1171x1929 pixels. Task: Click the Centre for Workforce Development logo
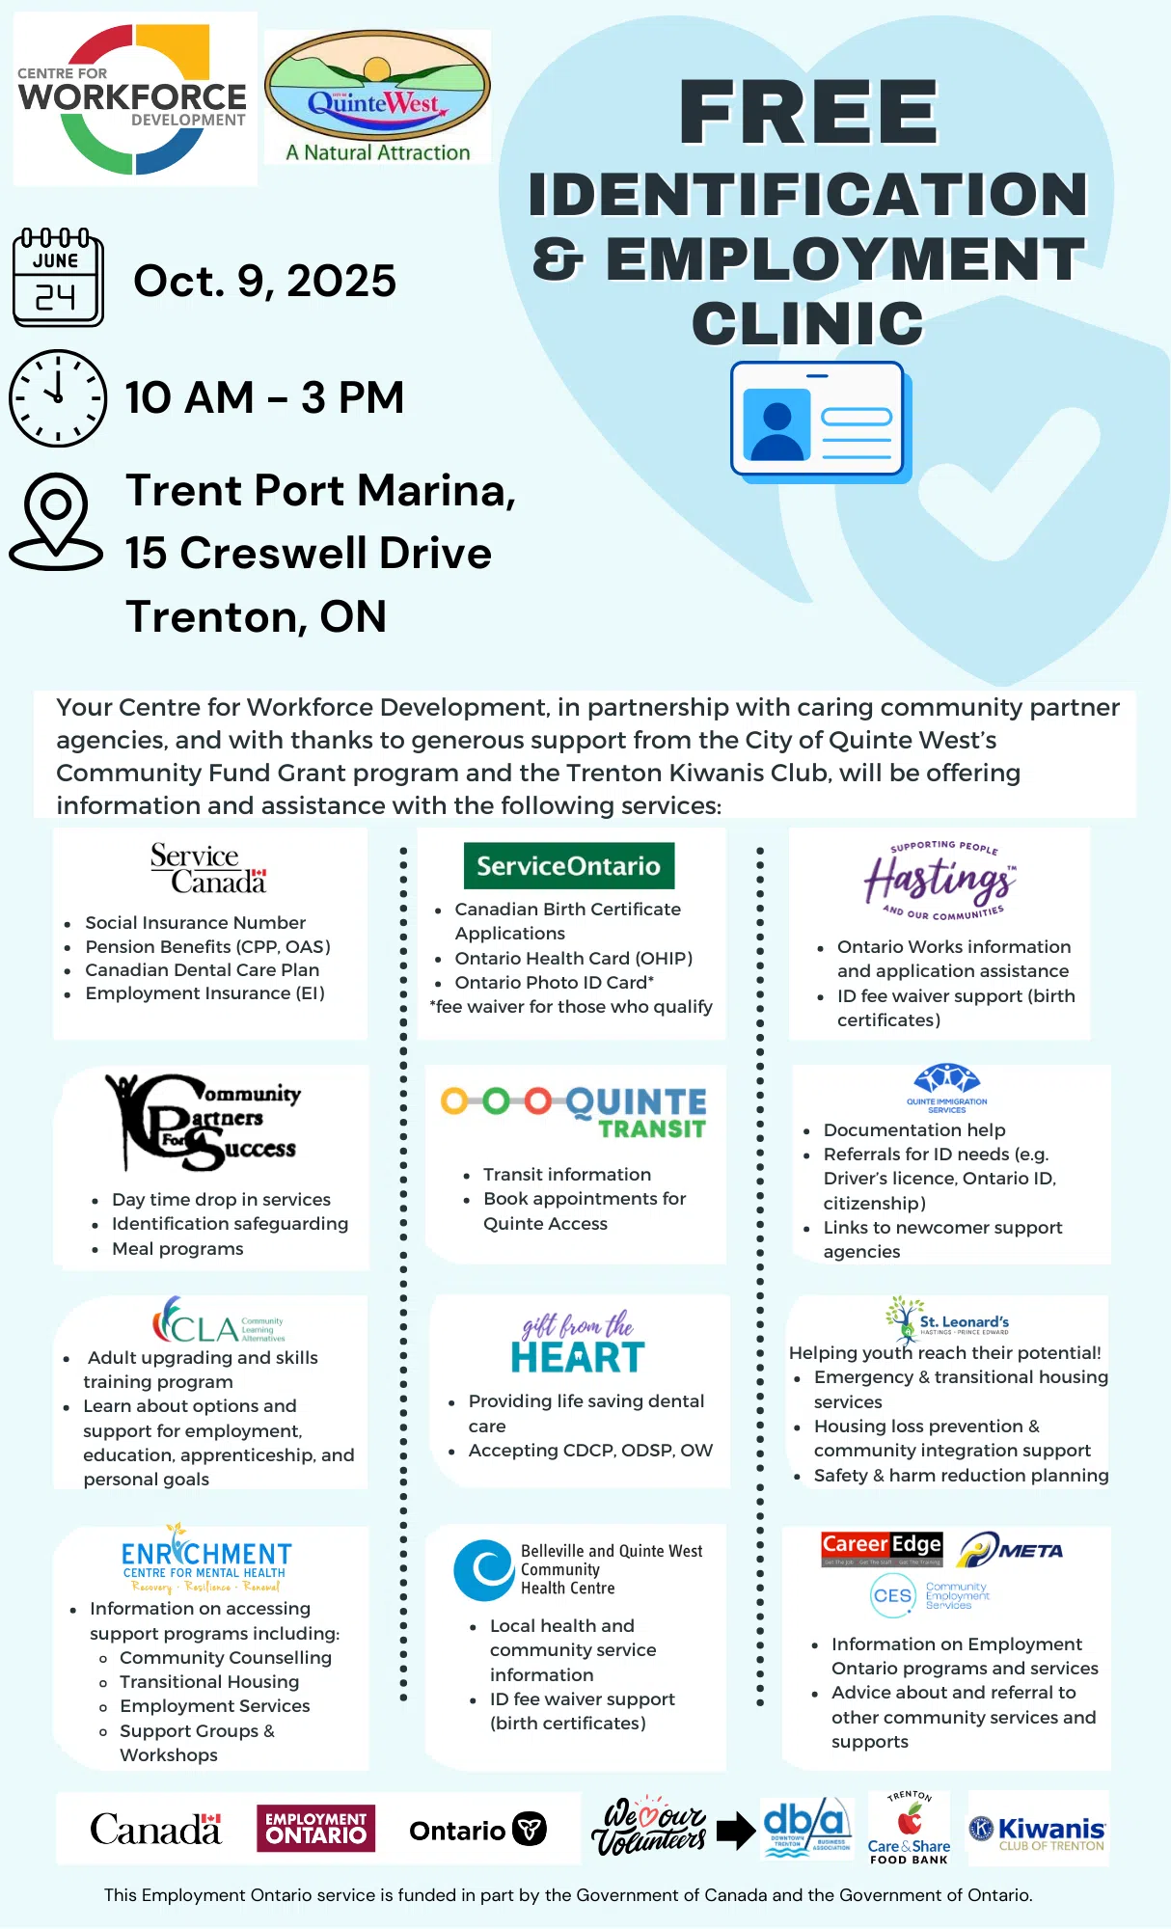[x=134, y=98]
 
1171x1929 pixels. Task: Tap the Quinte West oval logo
[x=377, y=97]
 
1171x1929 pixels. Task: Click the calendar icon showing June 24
[x=58, y=278]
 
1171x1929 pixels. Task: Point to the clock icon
[x=58, y=397]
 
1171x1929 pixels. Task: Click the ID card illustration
[x=819, y=421]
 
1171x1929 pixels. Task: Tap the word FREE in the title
[x=808, y=113]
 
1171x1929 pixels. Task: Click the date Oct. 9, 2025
[x=264, y=281]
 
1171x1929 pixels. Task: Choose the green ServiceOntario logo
[x=568, y=866]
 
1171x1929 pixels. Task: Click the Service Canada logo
[x=207, y=868]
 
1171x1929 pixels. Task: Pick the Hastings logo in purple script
[x=940, y=880]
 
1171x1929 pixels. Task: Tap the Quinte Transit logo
[x=574, y=1113]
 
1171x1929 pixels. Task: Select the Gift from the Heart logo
[x=578, y=1342]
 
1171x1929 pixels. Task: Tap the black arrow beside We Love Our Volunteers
[x=736, y=1830]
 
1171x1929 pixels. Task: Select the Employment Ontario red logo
[x=315, y=1829]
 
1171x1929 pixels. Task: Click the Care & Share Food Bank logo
[x=909, y=1829]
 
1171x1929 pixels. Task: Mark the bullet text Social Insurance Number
[x=195, y=923]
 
